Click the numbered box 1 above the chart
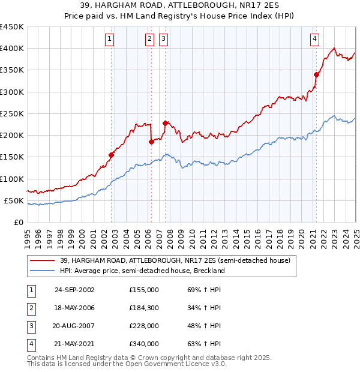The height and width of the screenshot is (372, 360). tap(110, 40)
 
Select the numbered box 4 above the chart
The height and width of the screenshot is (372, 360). tap(314, 40)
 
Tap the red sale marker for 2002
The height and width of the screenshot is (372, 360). tap(112, 155)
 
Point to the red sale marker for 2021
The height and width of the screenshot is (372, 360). tap(316, 74)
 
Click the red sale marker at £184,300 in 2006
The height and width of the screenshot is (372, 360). tap(151, 142)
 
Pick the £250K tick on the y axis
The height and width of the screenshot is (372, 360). tap(12, 113)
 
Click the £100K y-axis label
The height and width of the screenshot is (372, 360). tap(12, 179)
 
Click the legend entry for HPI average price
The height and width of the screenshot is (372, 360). tap(142, 271)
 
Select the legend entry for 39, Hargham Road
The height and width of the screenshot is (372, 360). tap(175, 260)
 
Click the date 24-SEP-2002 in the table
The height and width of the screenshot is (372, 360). tap(74, 289)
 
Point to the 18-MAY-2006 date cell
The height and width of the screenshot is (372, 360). tap(74, 308)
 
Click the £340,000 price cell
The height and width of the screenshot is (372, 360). tap(144, 344)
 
